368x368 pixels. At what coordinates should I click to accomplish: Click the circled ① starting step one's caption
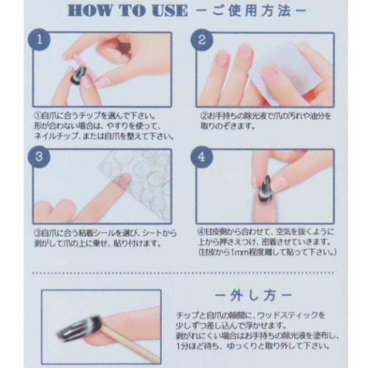click(38, 116)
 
